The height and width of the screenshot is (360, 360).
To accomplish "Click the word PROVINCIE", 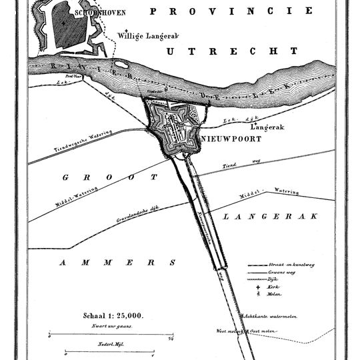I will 231,11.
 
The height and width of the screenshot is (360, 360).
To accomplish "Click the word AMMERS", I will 117,263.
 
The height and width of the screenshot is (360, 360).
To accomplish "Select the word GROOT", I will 110,178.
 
